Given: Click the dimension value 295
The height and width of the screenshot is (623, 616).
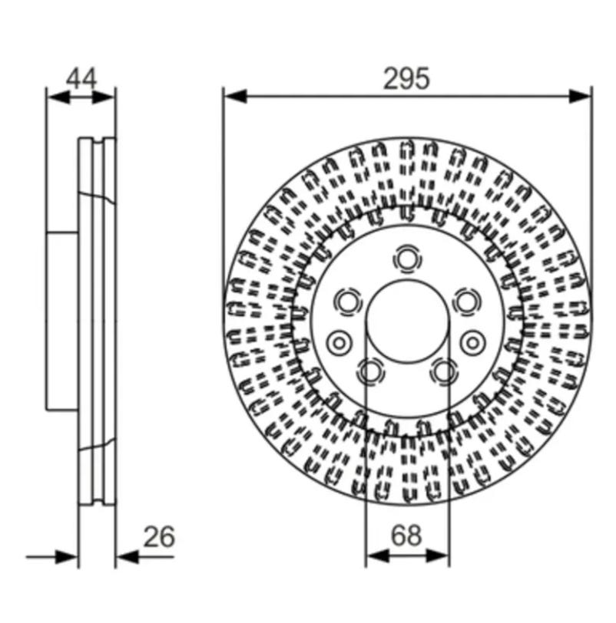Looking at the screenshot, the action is pyautogui.click(x=406, y=78).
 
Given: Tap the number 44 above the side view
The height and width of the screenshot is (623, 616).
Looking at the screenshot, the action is pyautogui.click(x=81, y=79).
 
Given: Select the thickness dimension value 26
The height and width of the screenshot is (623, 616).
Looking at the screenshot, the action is pyautogui.click(x=159, y=536).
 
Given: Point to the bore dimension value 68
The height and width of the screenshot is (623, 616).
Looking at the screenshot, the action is pyautogui.click(x=406, y=536).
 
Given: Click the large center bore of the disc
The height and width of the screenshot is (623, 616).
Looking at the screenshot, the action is pyautogui.click(x=407, y=321).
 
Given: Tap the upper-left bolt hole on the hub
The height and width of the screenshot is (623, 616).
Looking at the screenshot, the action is pyautogui.click(x=348, y=302).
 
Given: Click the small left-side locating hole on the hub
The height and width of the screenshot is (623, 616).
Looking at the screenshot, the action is pyautogui.click(x=339, y=342).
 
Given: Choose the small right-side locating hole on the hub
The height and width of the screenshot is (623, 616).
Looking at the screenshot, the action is pyautogui.click(x=473, y=342).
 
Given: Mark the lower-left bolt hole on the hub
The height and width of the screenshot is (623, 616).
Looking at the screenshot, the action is pyautogui.click(x=371, y=371).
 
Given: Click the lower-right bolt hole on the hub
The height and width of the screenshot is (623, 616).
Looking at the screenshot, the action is pyautogui.click(x=443, y=371).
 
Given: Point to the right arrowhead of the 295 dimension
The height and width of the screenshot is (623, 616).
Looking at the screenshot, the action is pyautogui.click(x=580, y=97).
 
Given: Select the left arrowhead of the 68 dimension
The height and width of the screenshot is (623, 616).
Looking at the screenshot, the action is pyautogui.click(x=377, y=556).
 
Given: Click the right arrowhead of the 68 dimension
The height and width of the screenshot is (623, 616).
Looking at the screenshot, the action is pyautogui.click(x=438, y=556).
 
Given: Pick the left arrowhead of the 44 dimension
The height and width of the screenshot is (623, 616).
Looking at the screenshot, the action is pyautogui.click(x=58, y=97).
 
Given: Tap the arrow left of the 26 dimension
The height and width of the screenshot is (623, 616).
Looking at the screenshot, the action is pyautogui.click(x=52, y=557).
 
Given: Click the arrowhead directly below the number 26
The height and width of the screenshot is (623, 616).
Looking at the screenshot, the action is pyautogui.click(x=128, y=557).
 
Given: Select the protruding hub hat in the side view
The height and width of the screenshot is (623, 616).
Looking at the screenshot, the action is pyautogui.click(x=62, y=321).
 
